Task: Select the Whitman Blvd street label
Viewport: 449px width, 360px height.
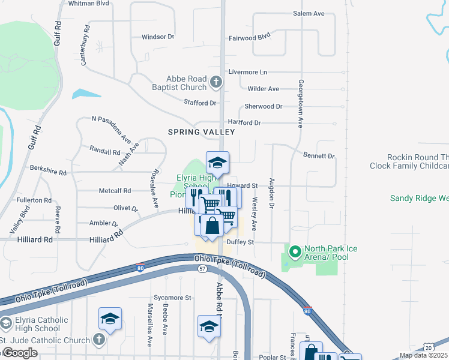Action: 89,3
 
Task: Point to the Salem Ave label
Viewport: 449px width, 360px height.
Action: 309,13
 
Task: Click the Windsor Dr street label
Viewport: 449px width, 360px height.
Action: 158,37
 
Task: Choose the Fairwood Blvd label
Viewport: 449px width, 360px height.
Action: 250,37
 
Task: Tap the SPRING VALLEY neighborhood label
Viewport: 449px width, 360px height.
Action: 201,131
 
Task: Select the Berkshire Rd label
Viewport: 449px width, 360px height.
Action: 48,170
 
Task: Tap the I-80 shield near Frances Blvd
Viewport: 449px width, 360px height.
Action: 307,311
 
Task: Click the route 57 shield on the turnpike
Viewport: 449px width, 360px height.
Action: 202,268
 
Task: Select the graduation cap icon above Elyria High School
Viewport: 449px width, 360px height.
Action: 217,161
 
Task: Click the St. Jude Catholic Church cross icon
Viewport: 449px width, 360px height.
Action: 100,340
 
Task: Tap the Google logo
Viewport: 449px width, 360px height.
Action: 20,353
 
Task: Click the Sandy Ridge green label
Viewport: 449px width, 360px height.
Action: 419,198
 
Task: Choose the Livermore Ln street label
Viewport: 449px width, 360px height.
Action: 247,72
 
